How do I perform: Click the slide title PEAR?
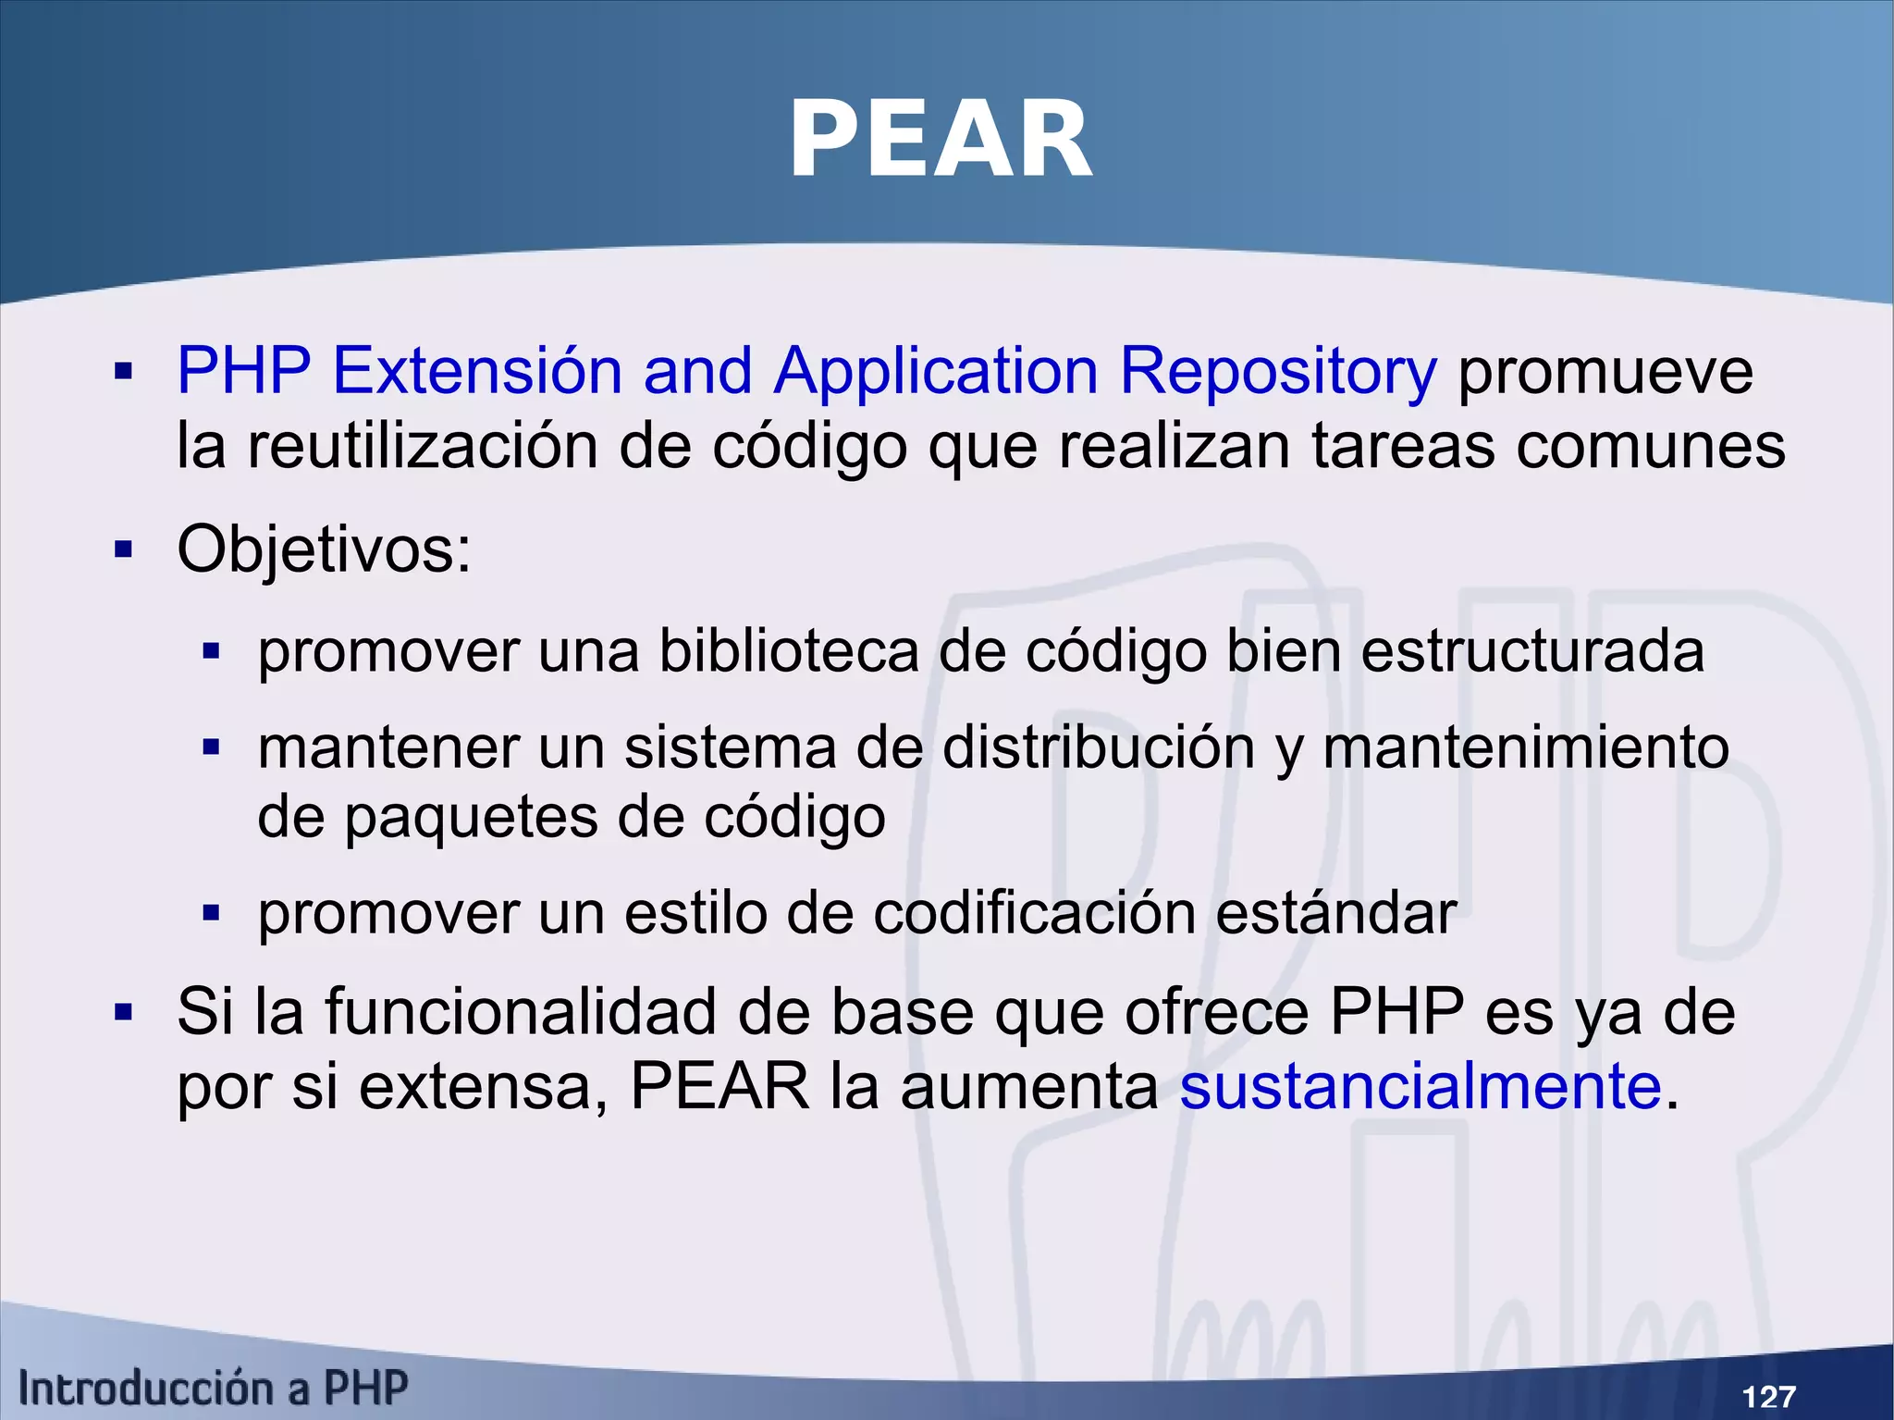pyautogui.click(x=941, y=141)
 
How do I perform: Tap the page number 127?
pyautogui.click(x=1768, y=1395)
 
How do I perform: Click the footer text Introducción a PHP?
pyautogui.click(x=213, y=1389)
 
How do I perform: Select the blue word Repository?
pyautogui.click(x=1278, y=371)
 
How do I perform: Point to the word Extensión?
pyautogui.click(x=476, y=371)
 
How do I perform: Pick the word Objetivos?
pyautogui.click(x=324, y=549)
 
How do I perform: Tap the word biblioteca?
pyautogui.click(x=788, y=650)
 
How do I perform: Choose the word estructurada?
pyautogui.click(x=1532, y=650)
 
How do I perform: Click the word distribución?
pyautogui.click(x=1098, y=747)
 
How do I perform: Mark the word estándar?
pyautogui.click(x=1336, y=914)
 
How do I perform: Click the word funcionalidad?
pyautogui.click(x=520, y=1011)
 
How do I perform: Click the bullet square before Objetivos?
pyautogui.click(x=123, y=550)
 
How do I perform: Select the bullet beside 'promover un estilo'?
pyautogui.click(x=211, y=914)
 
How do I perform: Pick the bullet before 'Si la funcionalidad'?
pyautogui.click(x=123, y=1012)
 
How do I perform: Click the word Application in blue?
pyautogui.click(x=936, y=371)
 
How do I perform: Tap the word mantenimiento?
pyautogui.click(x=1526, y=747)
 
